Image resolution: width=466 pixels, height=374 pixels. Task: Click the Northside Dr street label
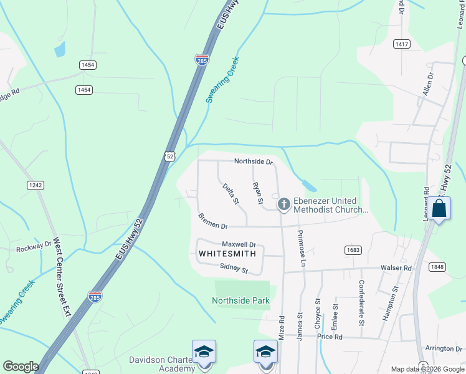point(254,162)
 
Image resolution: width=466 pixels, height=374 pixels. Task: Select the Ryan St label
point(257,193)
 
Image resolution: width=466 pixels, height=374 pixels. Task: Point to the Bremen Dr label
point(214,221)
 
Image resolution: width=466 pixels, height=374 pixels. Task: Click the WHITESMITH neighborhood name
point(227,254)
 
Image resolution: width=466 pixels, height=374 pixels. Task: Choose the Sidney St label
point(234,269)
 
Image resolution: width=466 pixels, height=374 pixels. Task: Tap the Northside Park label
point(240,300)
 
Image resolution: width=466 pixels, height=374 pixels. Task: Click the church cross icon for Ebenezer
point(284,204)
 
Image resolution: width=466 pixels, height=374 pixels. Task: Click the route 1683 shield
point(353,249)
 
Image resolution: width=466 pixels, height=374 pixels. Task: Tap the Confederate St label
point(361,302)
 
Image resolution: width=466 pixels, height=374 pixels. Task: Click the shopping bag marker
point(439,208)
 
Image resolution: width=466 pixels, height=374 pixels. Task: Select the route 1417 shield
point(402,44)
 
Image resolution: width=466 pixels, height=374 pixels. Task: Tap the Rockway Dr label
point(35,245)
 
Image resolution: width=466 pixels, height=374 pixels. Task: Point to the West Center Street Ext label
point(62,277)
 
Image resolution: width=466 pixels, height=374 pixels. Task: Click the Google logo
point(21,367)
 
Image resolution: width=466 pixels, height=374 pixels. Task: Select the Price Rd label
point(330,337)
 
